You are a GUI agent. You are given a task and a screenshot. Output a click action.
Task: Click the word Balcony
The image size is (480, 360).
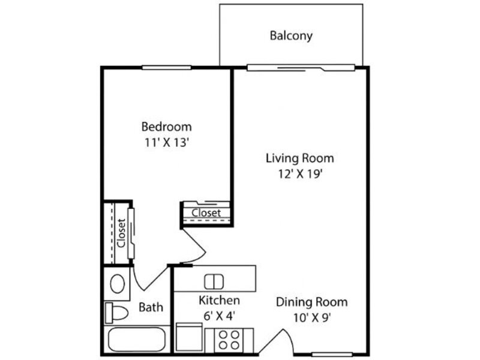pyautogui.click(x=291, y=35)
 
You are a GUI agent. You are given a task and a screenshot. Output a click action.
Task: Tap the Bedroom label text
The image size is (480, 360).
pyautogui.click(x=166, y=127)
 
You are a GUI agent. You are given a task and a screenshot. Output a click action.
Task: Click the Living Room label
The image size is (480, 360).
pyautogui.click(x=299, y=158)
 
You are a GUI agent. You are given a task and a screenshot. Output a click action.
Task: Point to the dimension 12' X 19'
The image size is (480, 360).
pyautogui.click(x=299, y=175)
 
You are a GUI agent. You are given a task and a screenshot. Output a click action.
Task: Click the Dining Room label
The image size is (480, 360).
pyautogui.click(x=311, y=302)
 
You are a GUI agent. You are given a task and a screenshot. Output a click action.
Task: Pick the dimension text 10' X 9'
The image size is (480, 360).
pyautogui.click(x=311, y=318)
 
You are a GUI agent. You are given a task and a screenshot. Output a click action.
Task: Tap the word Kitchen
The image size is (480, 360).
pyautogui.click(x=219, y=300)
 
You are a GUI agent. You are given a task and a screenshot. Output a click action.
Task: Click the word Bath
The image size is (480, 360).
pyautogui.click(x=151, y=307)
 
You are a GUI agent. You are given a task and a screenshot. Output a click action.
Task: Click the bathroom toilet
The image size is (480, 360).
pyautogui.click(x=116, y=313)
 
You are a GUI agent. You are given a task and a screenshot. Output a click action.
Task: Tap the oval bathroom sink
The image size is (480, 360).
pyautogui.click(x=118, y=283)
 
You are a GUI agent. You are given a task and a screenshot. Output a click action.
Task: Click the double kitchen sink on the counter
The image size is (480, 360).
pyautogui.click(x=214, y=281)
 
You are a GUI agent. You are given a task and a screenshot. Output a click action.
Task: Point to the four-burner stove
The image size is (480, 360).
pyautogui.click(x=229, y=340)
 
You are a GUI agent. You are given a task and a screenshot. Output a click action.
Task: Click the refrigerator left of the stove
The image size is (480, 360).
pyautogui.click(x=190, y=338)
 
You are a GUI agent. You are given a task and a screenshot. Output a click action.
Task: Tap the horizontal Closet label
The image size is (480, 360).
pyautogui.click(x=206, y=212)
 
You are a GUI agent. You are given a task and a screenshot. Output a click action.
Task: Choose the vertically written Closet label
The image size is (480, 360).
pyautogui.click(x=121, y=233)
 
